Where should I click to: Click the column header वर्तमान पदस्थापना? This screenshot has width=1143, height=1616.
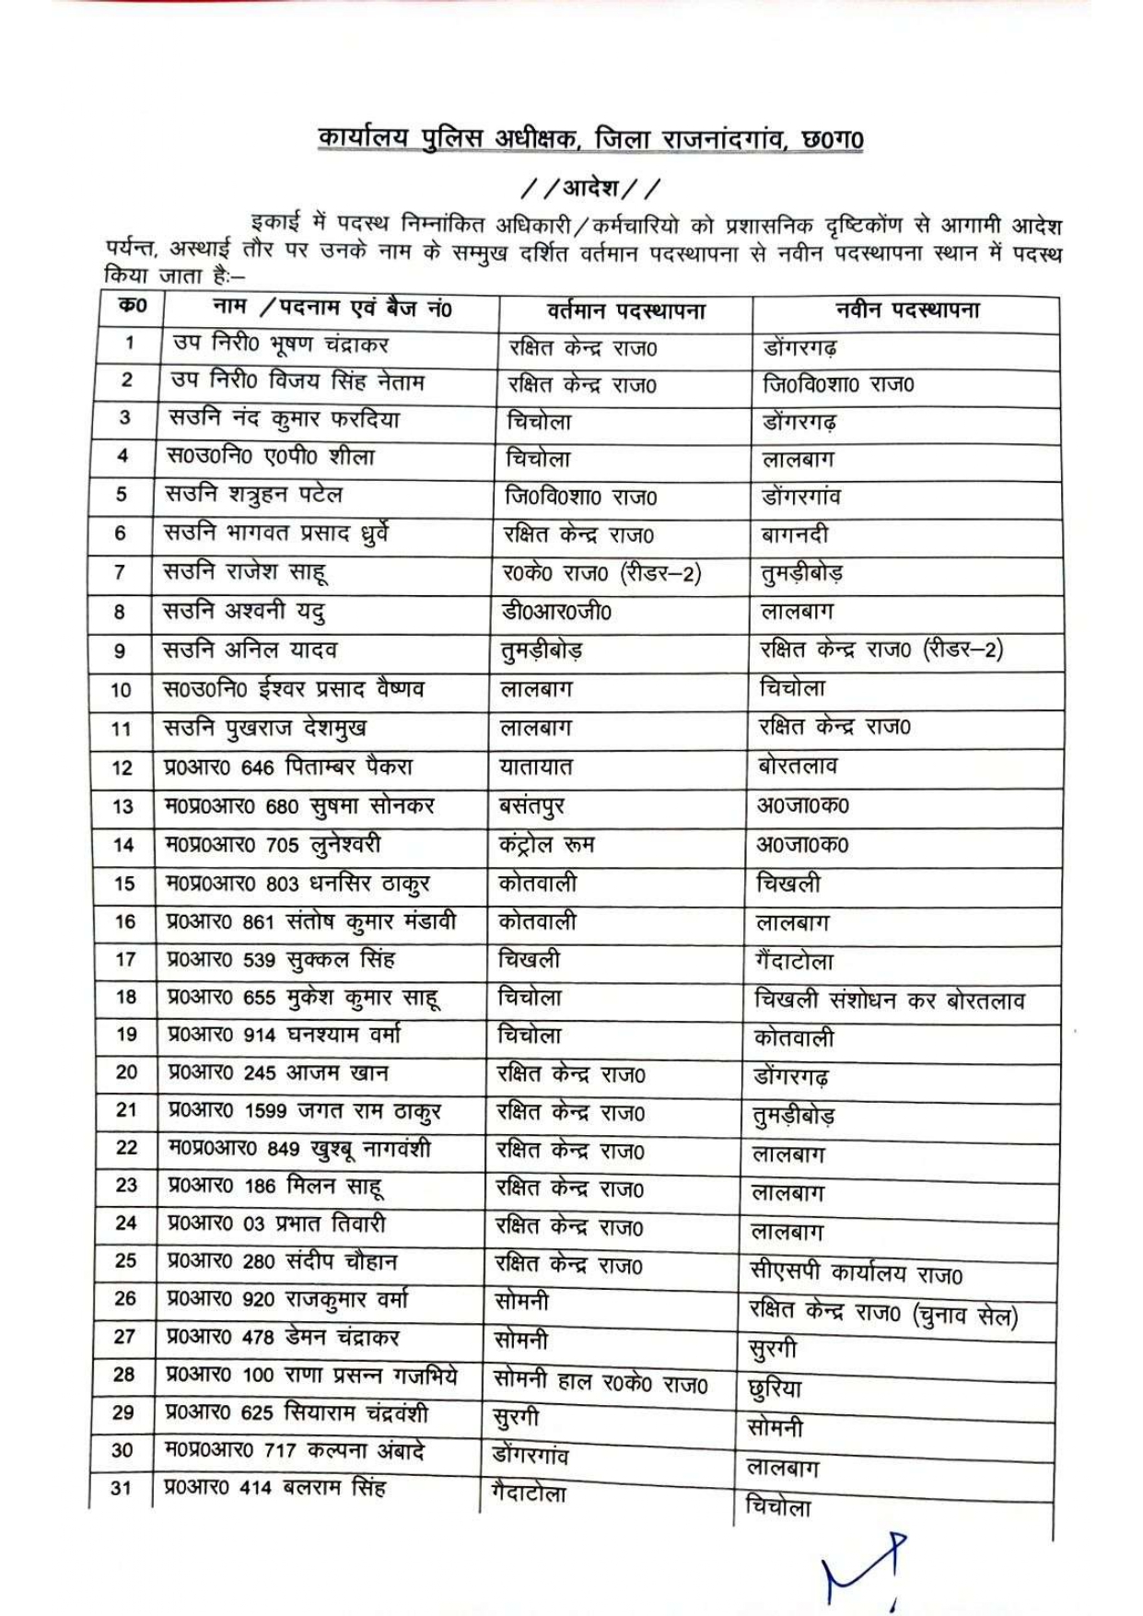point(625,310)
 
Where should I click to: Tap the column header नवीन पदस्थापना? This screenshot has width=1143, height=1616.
point(907,310)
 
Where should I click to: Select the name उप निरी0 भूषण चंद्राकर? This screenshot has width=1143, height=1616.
point(280,345)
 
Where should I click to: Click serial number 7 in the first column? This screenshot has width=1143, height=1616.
point(120,572)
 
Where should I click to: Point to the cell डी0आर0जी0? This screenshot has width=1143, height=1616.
point(556,611)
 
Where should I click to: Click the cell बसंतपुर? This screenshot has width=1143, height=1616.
point(531,806)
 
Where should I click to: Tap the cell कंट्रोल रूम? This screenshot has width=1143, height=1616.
point(546,844)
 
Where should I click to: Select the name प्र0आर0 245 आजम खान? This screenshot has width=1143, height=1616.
point(277,1072)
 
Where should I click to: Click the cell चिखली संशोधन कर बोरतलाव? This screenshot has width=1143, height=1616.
point(889,1001)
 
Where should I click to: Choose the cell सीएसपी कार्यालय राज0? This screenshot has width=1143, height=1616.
point(856,1274)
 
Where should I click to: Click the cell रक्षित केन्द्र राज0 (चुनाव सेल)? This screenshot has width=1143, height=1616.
point(883,1314)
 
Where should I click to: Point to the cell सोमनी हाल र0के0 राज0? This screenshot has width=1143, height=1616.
point(601,1382)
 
